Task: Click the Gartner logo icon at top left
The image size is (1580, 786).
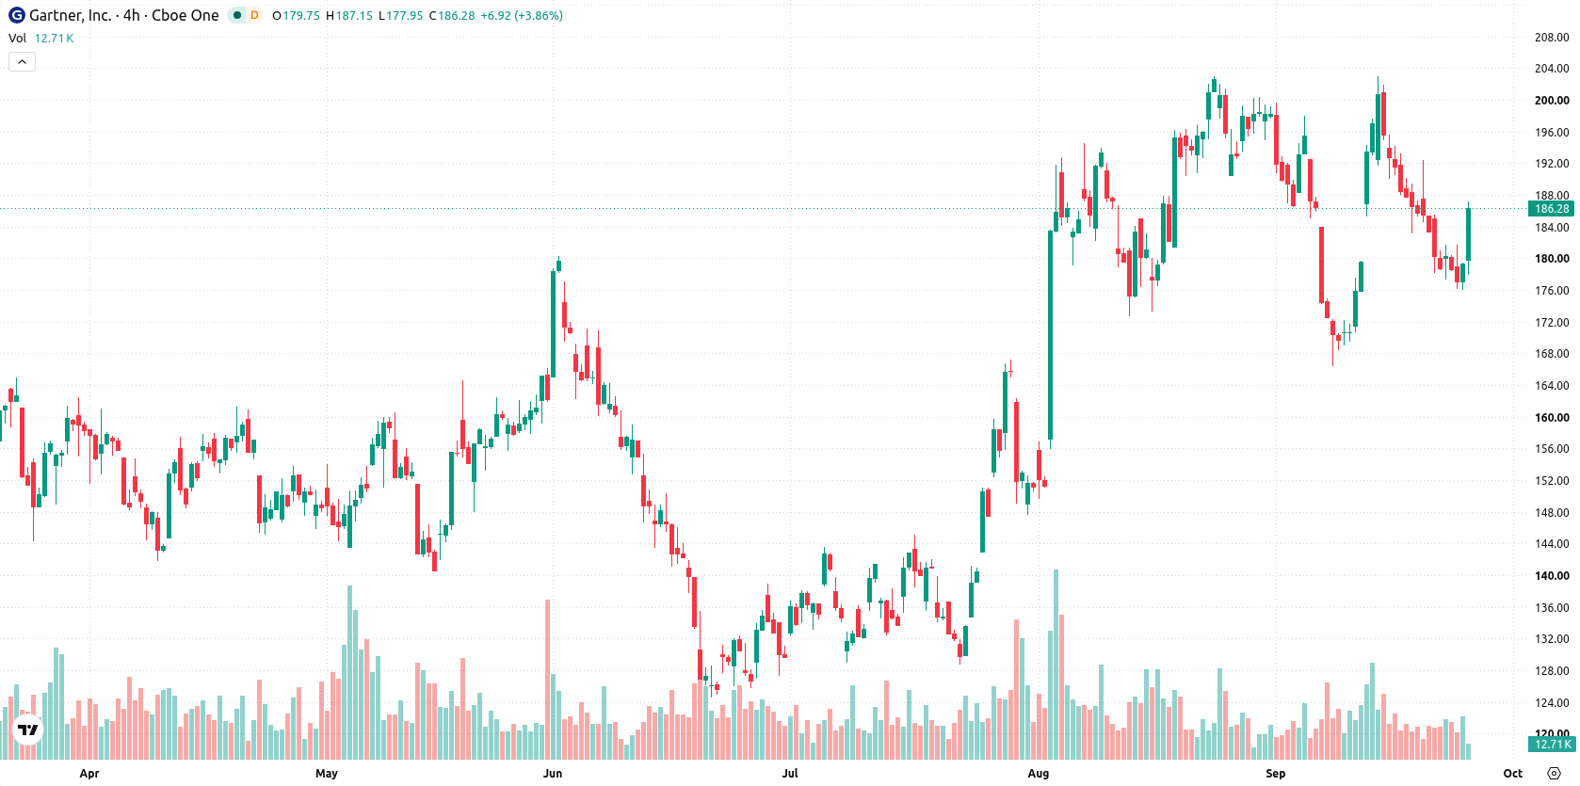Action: [16, 15]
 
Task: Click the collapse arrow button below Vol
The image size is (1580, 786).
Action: [22, 62]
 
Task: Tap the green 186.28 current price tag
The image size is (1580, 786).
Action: [1551, 209]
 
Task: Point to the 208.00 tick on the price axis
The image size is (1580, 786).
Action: [1551, 38]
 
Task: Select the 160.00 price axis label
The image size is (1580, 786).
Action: [1551, 417]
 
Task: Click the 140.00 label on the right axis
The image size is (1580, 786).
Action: [1551, 576]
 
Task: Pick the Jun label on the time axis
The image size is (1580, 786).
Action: [553, 774]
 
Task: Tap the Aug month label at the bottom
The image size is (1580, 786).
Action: [1039, 774]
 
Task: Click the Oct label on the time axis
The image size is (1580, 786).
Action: [1513, 774]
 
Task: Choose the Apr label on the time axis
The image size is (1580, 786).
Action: [89, 774]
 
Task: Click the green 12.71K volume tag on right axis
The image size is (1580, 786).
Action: [1551, 745]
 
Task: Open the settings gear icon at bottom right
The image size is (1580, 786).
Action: [1554, 774]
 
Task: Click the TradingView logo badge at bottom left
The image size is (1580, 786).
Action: [28, 730]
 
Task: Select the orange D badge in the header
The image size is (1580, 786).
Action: [254, 15]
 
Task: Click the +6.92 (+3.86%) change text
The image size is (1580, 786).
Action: [522, 15]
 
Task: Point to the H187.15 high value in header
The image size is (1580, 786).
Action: [349, 15]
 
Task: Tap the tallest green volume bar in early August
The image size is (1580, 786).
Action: [1056, 664]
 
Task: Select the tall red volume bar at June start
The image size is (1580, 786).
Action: [547, 680]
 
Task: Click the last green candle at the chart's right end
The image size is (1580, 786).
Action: [1468, 234]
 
